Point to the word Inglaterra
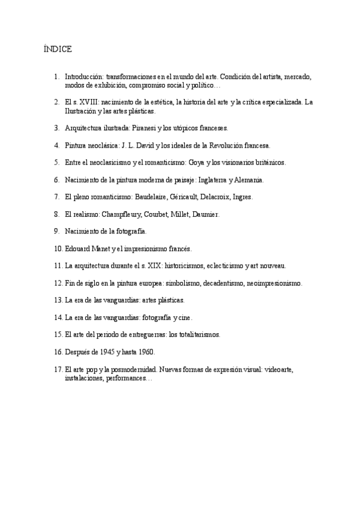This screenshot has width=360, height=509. tap(214, 179)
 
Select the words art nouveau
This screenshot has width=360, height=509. tap(270, 265)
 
